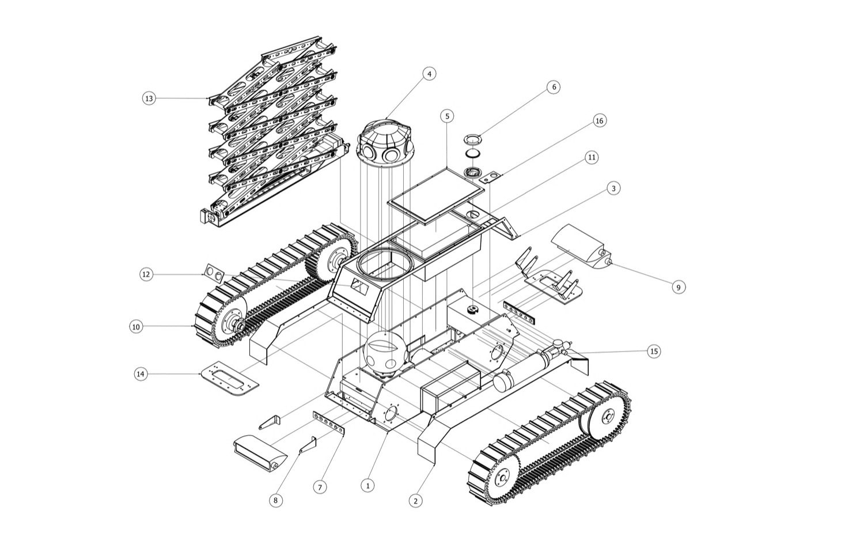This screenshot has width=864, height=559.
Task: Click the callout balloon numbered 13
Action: (x=149, y=99)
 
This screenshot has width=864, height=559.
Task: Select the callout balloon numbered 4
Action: (x=429, y=74)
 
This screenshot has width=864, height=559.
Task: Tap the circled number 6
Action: (x=554, y=87)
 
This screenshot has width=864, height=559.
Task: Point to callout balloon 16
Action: (x=599, y=121)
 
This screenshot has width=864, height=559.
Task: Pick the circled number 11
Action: (x=592, y=157)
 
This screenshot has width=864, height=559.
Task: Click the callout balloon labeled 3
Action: (x=613, y=188)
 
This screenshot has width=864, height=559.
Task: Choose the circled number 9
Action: (x=679, y=287)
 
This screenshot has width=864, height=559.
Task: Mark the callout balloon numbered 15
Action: (x=654, y=352)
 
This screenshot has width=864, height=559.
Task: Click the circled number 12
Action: (x=146, y=274)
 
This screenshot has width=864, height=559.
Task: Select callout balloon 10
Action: (x=136, y=327)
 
